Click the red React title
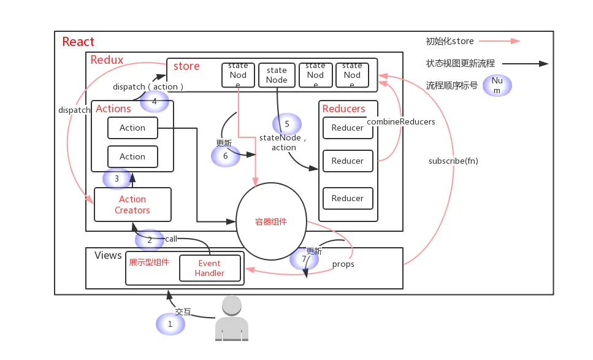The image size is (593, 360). click(78, 42)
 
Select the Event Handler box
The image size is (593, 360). click(210, 268)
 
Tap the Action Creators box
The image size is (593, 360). click(132, 205)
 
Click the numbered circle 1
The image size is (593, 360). click(170, 324)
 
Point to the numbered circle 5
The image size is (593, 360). click(286, 124)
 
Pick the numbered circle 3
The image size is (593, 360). click(117, 178)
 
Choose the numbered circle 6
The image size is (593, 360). click(226, 156)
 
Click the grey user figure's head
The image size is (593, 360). click(232, 305)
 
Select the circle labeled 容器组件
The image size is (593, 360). click(271, 221)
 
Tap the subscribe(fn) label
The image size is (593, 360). click(453, 161)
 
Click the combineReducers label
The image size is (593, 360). click(401, 122)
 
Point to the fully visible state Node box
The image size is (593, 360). click(277, 75)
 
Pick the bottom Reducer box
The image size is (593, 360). click(348, 199)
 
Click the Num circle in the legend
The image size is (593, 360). click(497, 85)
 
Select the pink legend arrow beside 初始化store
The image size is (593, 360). click(499, 41)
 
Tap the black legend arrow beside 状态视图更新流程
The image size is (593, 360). click(525, 64)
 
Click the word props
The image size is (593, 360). click(343, 264)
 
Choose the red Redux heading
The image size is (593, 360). click(107, 59)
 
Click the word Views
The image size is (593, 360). click(108, 255)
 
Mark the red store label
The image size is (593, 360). click(186, 66)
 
